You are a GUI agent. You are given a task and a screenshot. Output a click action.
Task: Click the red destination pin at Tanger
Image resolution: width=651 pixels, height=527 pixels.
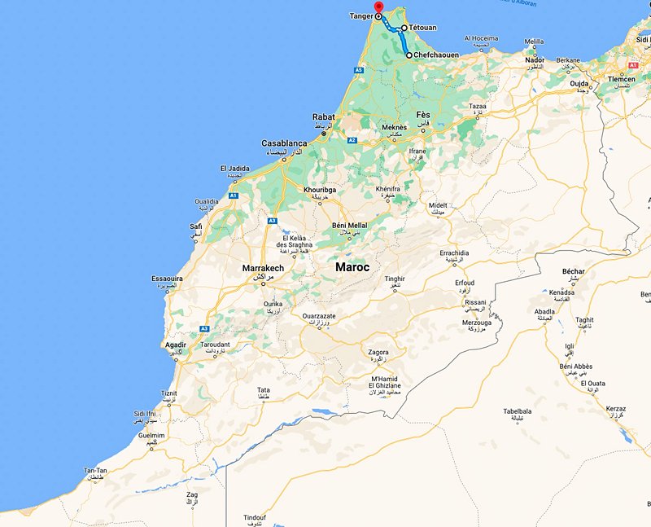[x=378, y=7]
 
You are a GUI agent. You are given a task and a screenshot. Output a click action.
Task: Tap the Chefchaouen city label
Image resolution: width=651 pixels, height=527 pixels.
[x=435, y=55]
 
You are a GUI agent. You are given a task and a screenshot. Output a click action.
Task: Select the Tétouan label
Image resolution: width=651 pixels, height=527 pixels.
[x=422, y=28]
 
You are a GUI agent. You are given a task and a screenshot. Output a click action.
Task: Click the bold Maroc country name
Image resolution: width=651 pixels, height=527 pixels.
[x=352, y=267]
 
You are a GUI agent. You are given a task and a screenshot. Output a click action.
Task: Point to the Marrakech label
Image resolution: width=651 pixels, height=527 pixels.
[x=263, y=268]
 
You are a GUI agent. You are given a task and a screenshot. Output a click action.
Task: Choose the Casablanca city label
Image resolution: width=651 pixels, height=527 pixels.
[x=284, y=143]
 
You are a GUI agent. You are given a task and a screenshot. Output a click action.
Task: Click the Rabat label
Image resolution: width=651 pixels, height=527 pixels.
[x=323, y=117]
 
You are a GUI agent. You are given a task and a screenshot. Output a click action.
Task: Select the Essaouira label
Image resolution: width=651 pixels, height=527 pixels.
[x=168, y=279]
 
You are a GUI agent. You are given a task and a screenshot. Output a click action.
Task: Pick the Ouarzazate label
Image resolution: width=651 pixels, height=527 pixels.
[x=317, y=315]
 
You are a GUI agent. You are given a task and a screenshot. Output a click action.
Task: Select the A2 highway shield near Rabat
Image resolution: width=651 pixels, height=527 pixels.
[x=352, y=140]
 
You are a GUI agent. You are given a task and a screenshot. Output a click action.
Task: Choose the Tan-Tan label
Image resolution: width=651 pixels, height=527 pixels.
[x=95, y=471]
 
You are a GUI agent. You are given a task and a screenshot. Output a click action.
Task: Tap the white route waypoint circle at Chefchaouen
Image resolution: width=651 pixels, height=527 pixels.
[x=409, y=55]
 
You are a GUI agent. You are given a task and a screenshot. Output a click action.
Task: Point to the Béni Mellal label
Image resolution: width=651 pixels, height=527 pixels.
[x=351, y=225]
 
